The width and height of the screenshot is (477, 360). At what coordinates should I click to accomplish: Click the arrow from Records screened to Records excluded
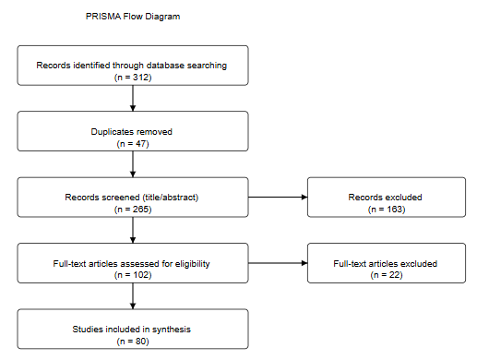(x=279, y=198)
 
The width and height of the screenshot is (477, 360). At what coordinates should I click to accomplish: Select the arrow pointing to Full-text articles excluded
(x=279, y=263)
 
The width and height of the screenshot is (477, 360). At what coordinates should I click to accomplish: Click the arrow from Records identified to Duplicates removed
(x=134, y=98)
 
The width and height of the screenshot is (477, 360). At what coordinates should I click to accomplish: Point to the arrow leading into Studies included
(x=134, y=295)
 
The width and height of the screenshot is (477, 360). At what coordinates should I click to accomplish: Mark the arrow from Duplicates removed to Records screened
(x=134, y=163)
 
